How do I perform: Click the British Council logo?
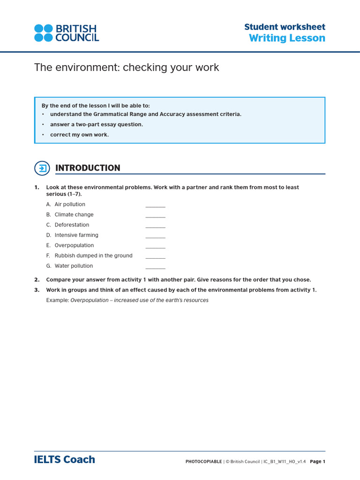pos(66,33)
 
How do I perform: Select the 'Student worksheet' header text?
pos(285,27)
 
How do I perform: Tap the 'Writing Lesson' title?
pos(287,38)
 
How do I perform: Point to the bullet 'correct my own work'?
pos(79,135)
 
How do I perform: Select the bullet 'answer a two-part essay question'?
pos(97,125)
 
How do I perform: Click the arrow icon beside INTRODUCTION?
pos(42,168)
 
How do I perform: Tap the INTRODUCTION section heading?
pos(88,168)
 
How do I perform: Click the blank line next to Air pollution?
pos(155,206)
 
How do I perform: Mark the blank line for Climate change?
pos(155,217)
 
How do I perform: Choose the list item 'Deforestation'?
pos(72,225)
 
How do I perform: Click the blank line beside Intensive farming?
pos(155,237)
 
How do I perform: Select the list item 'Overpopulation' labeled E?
pos(74,246)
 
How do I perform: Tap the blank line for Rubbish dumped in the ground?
pos(155,258)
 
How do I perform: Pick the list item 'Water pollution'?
pos(74,266)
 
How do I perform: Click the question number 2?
pos(37,280)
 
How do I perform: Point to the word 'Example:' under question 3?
pos(57,300)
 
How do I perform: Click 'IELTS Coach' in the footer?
pos(65,460)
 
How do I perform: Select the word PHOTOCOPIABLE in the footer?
pos(203,462)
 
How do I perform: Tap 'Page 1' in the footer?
pos(317,462)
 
